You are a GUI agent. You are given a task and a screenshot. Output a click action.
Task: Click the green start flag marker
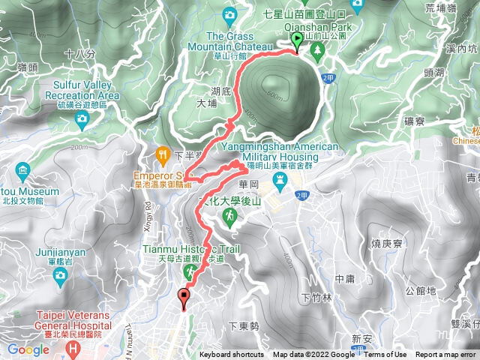point(297,40)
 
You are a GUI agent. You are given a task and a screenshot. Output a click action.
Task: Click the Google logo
point(28,349)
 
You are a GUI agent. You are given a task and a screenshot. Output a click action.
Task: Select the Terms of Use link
point(385,355)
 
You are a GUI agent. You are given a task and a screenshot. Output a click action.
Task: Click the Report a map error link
point(446,355)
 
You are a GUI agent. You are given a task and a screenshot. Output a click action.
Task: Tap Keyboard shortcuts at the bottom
point(231,355)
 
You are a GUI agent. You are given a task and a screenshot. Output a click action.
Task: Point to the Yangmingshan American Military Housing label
point(280,152)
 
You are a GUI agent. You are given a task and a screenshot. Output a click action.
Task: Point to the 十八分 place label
point(80,54)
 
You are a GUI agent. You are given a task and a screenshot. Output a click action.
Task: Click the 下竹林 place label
point(315,298)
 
